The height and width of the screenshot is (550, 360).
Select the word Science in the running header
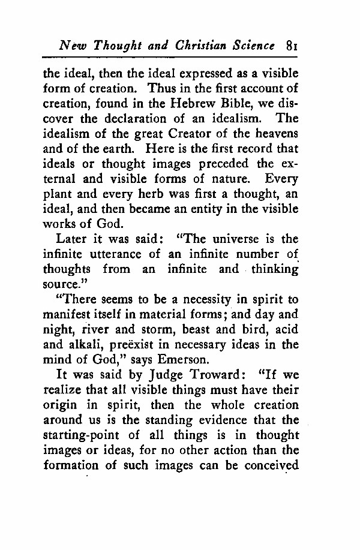click(x=252, y=45)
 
